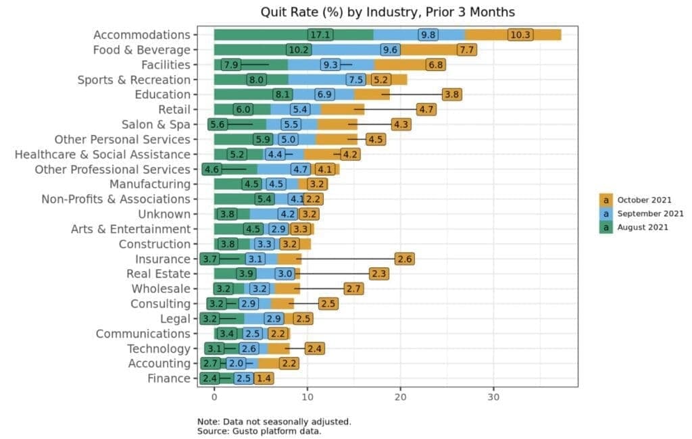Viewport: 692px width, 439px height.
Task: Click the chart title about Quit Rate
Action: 387,12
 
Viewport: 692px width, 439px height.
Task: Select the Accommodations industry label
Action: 142,35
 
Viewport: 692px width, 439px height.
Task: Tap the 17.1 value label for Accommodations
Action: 320,35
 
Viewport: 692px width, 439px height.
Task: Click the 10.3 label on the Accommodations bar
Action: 520,35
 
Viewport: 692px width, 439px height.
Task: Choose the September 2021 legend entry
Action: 641,213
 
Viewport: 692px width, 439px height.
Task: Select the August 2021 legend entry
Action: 634,227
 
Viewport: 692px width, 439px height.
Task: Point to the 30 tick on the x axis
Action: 493,397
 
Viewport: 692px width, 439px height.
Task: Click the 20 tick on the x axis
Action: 400,397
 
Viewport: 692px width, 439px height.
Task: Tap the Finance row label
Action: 169,379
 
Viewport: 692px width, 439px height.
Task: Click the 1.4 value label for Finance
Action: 264,379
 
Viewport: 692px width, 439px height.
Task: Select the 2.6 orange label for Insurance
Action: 405,259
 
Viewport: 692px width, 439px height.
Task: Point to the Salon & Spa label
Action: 156,124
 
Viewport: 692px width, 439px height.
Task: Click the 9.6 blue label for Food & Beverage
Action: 390,50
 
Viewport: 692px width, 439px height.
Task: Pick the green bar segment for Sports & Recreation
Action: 251,80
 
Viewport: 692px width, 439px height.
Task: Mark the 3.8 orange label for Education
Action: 452,95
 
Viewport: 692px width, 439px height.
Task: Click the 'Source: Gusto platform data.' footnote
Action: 259,431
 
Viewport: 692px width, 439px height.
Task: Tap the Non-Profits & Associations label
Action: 116,199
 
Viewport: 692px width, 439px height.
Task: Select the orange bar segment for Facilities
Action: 410,65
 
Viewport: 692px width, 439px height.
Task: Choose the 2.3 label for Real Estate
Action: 378,274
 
